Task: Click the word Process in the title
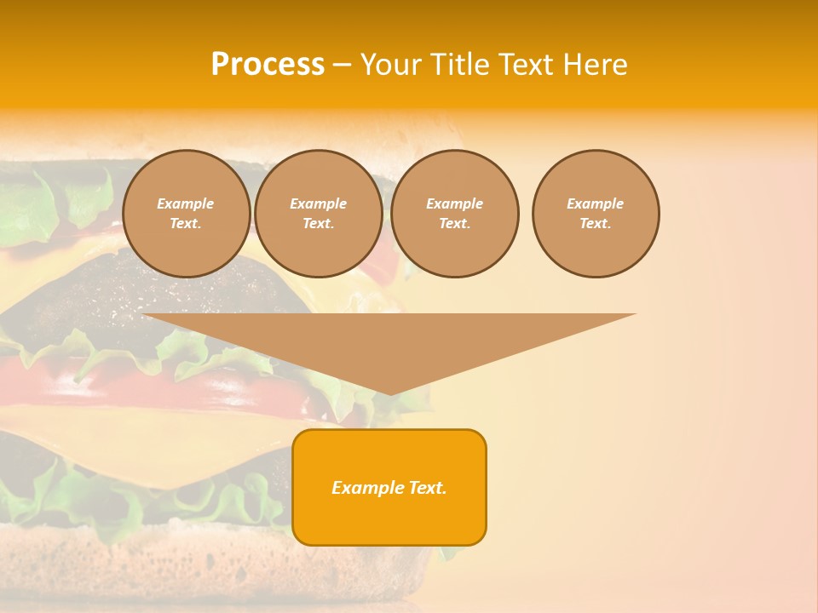pyautogui.click(x=268, y=65)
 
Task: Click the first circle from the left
pyautogui.click(x=186, y=214)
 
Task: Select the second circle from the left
pyautogui.click(x=318, y=214)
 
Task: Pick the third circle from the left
pyautogui.click(x=454, y=214)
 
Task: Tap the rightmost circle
pyautogui.click(x=596, y=214)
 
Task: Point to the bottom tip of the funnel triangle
pyautogui.click(x=389, y=392)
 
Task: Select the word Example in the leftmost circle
pyautogui.click(x=186, y=203)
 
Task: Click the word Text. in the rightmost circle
pyautogui.click(x=596, y=224)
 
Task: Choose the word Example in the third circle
pyautogui.click(x=454, y=203)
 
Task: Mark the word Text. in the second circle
pyautogui.click(x=318, y=224)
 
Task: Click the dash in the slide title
pyautogui.click(x=342, y=65)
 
